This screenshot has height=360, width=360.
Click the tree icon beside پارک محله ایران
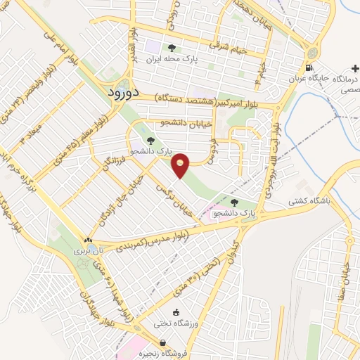point(172,49)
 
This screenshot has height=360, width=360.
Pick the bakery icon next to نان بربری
point(88,240)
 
